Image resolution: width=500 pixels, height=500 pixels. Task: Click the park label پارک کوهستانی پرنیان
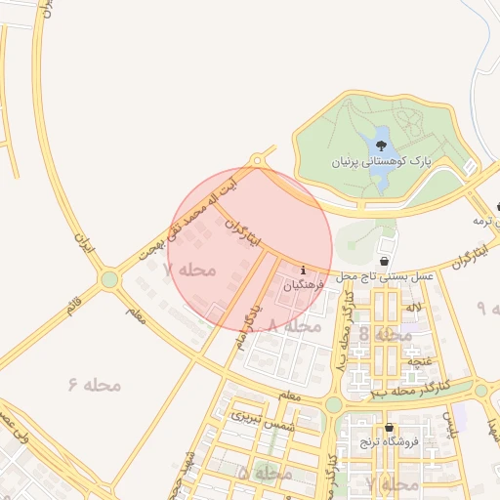(x=380, y=161)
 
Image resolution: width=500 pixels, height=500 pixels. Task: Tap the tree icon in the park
(x=380, y=146)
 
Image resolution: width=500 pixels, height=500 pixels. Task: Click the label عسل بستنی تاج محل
(x=385, y=277)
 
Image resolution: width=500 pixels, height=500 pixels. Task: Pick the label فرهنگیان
(x=305, y=286)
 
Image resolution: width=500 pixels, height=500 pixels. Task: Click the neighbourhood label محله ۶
(x=95, y=385)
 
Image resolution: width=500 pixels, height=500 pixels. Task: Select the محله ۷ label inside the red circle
(x=187, y=270)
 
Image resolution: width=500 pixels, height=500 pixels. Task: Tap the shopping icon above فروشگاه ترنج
(x=390, y=428)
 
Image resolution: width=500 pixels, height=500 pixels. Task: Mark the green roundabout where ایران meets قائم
(x=108, y=280)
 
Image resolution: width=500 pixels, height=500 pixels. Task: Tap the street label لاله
(x=414, y=308)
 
